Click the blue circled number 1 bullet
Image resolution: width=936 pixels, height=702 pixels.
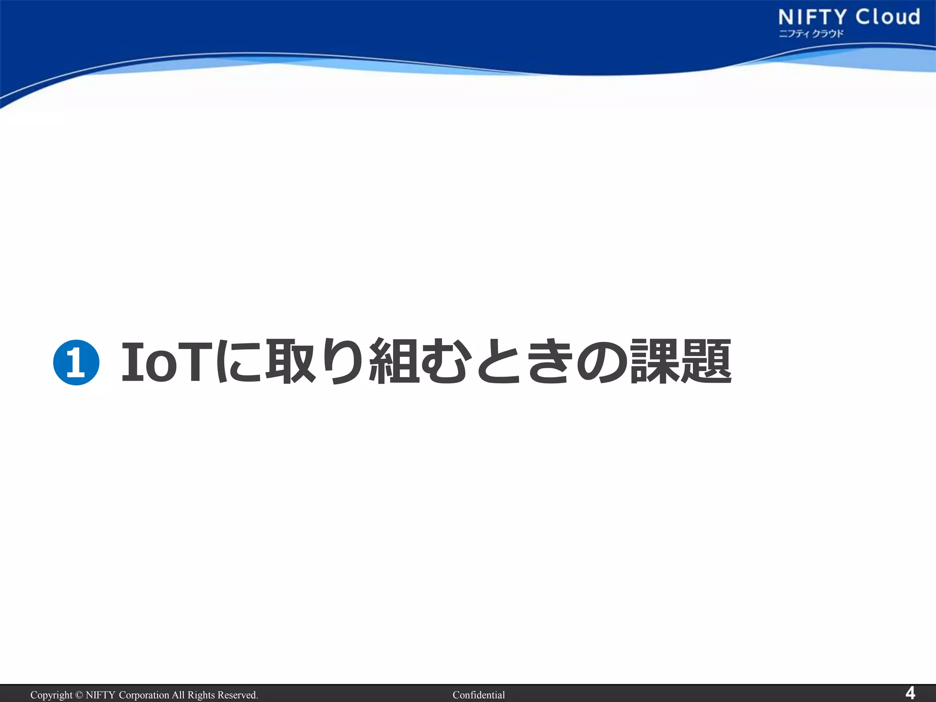(76, 362)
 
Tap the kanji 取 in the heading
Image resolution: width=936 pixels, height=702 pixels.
(291, 361)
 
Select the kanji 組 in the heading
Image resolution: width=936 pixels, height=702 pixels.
(394, 361)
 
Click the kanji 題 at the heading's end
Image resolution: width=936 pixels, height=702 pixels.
(706, 361)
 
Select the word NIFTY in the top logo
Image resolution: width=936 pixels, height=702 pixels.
(813, 17)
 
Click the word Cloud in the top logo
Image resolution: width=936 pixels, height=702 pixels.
(888, 17)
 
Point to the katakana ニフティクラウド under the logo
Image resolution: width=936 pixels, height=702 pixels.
(811, 33)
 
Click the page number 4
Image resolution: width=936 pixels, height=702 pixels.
(910, 693)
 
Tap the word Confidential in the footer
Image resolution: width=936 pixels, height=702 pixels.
(479, 695)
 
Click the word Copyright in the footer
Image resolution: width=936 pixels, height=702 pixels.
(51, 695)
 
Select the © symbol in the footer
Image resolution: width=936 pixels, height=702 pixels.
(79, 695)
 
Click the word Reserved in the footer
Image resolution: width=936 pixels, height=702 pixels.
(237, 695)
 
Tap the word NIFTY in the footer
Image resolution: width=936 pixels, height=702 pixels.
(100, 695)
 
